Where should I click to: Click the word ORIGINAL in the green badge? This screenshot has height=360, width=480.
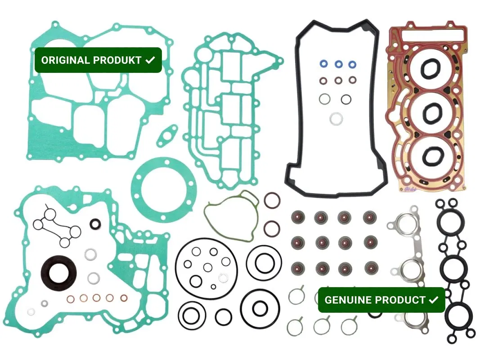66,60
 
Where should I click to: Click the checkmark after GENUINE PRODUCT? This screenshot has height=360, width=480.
434,300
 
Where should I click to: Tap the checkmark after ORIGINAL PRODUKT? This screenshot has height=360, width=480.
150,60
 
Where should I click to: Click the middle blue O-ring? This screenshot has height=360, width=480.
338,63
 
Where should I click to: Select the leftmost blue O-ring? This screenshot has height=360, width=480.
322,63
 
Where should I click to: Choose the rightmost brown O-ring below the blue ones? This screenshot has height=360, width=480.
354,81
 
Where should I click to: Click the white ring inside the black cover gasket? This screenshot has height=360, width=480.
336,119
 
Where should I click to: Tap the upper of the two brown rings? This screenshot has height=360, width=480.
272,200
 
